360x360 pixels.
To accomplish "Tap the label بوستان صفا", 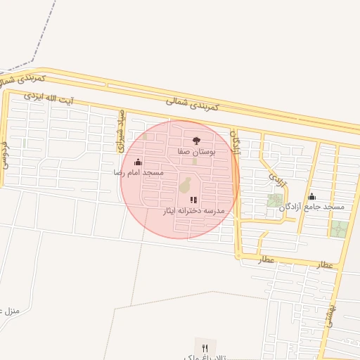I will [195, 151].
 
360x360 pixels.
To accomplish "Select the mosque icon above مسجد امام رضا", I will [138, 162].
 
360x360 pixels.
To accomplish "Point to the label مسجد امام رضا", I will [139, 172].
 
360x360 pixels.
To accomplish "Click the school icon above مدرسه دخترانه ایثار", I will [193, 200].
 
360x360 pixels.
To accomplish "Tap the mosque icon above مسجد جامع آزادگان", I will [312, 196].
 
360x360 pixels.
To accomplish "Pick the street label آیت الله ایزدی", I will [53, 96].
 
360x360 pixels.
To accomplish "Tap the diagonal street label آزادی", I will [278, 172].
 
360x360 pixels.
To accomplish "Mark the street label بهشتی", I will [328, 313].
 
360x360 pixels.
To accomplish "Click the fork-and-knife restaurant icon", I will [205, 348].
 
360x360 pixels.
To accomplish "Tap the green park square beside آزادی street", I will [274, 200].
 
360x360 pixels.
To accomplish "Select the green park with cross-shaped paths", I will [339, 229].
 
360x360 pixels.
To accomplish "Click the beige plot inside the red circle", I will [186, 186].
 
